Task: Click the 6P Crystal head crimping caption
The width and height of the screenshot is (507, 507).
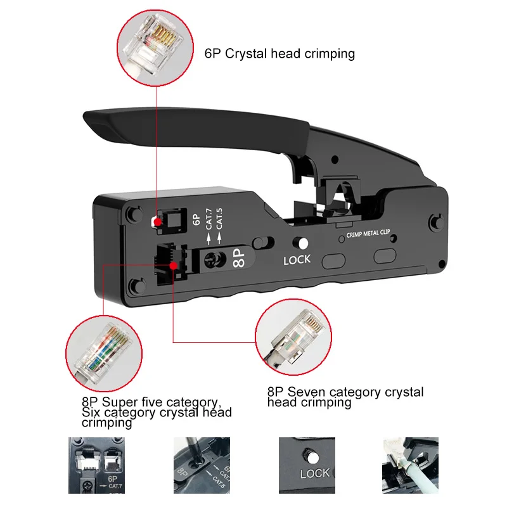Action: pos(279,53)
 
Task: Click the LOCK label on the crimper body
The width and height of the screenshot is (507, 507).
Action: pos(297,259)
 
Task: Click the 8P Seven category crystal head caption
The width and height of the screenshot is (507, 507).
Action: pos(345,397)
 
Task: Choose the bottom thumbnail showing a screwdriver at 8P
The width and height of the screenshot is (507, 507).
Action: pos(202,465)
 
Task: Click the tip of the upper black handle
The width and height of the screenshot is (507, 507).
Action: pos(92,119)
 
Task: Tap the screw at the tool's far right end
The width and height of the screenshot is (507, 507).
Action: pos(434,222)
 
